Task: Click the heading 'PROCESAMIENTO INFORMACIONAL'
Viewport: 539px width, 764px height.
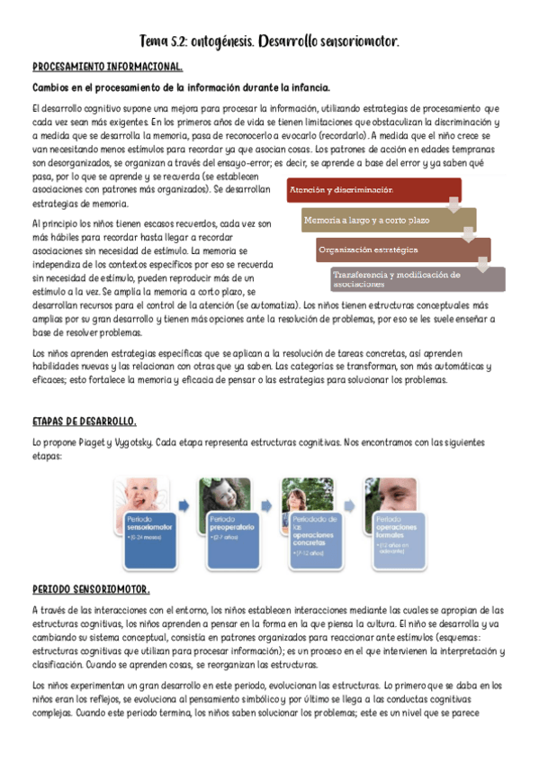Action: tap(107, 67)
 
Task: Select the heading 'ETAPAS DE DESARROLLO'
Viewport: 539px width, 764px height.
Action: tap(84, 422)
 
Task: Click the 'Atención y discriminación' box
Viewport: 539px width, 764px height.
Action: tap(373, 190)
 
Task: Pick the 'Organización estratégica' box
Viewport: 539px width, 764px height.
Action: tap(400, 249)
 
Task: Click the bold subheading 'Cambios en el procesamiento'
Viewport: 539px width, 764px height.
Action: tap(181, 87)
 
